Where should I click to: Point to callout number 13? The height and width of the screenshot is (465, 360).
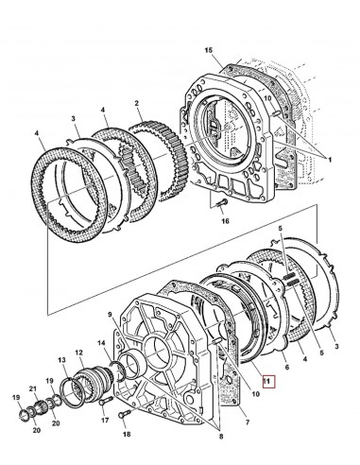(63, 360)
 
